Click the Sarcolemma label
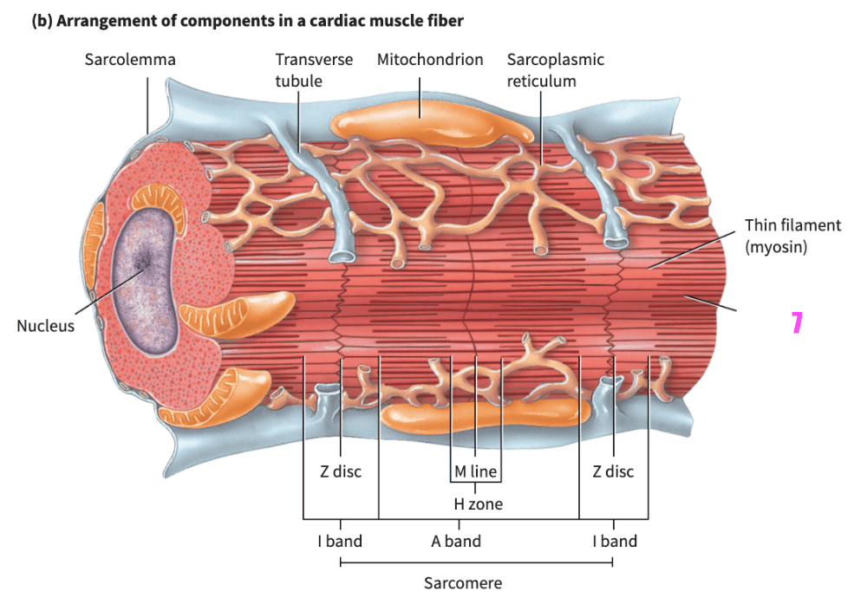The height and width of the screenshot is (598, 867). (x=130, y=60)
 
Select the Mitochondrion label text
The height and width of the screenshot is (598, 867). (x=430, y=60)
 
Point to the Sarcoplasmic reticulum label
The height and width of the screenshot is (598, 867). (x=555, y=70)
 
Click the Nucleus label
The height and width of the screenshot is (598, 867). (x=45, y=326)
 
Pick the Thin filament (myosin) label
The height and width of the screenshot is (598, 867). (x=792, y=236)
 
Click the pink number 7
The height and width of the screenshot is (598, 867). (x=797, y=323)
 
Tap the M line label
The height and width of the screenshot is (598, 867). (x=476, y=472)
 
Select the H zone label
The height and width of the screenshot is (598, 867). (x=478, y=504)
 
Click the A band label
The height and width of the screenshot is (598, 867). (x=456, y=542)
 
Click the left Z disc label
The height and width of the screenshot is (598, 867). (x=339, y=472)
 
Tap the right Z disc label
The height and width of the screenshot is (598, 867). (x=613, y=472)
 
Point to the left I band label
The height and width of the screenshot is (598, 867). (x=339, y=542)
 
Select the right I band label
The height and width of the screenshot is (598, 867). (x=614, y=542)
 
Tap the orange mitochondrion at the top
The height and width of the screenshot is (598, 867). (x=431, y=126)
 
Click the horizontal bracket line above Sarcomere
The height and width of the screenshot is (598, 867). (x=476, y=562)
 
